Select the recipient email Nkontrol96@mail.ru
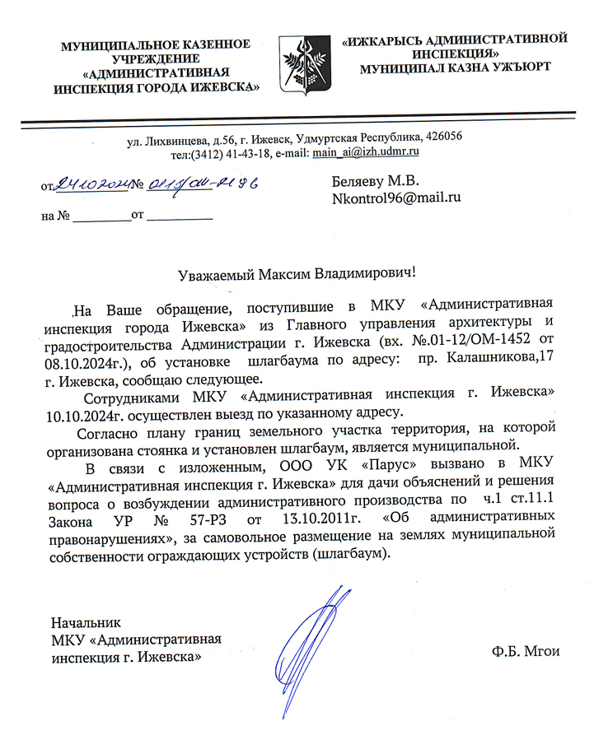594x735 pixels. click(395, 198)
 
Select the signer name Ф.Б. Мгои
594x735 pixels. click(524, 651)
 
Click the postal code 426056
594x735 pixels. click(442, 136)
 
